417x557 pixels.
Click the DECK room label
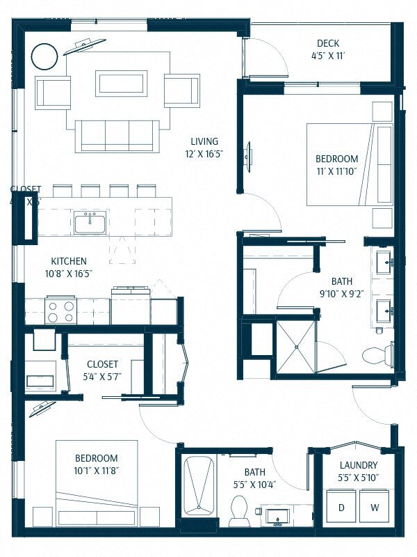[327, 42]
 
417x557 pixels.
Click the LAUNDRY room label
[359, 465]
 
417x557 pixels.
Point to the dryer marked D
[341, 508]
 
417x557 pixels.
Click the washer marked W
[375, 508]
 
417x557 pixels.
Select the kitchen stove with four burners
[61, 309]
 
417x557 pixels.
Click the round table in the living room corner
[45, 56]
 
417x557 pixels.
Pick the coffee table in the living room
[122, 83]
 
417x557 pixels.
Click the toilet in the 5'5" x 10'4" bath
[239, 510]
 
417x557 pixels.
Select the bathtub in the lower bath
[199, 485]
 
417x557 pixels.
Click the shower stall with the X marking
[296, 346]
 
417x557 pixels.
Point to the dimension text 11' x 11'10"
[337, 171]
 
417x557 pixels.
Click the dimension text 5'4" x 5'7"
[102, 377]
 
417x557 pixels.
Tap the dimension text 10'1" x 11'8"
[96, 471]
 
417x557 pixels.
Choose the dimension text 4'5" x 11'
[327, 55]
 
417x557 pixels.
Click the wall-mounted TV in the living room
[248, 153]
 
